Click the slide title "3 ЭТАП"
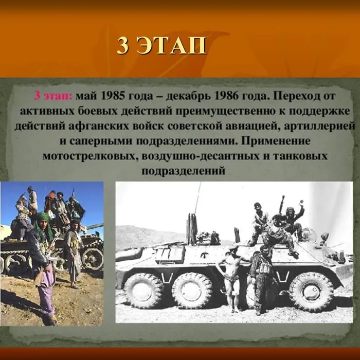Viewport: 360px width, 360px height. click(161, 46)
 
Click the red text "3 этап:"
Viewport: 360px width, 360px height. click(53, 96)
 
